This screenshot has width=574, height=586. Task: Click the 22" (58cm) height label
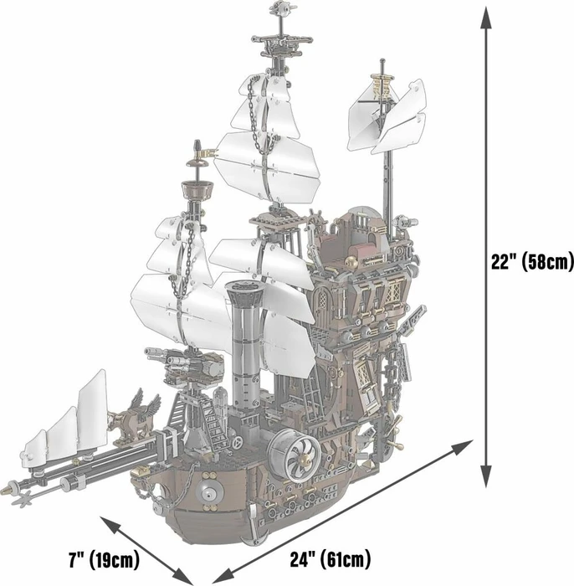coord(532,261)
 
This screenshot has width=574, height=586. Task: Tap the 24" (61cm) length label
coord(331,559)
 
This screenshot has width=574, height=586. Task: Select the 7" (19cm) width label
coord(104,559)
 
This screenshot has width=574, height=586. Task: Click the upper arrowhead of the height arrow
coord(485,17)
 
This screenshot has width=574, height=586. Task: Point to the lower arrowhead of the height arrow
coord(485,476)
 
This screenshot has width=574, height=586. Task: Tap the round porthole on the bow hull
coord(208,491)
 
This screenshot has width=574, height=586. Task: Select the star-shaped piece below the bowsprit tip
coord(23,500)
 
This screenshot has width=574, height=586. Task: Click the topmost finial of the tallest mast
coord(280,7)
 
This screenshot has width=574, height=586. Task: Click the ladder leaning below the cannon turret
coord(215,419)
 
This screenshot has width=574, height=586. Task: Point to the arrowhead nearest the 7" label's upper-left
coord(108,522)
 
